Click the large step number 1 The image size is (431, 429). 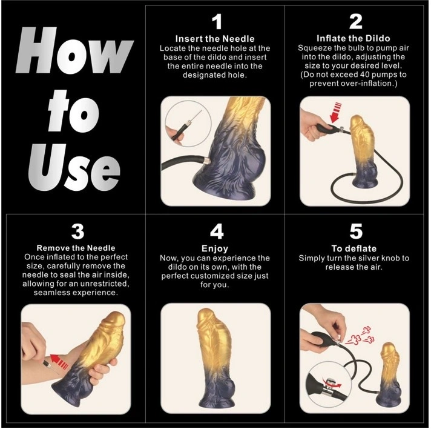click(217, 22)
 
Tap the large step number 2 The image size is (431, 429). click(356, 22)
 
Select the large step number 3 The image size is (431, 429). click(78, 231)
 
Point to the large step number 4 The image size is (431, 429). click(217, 231)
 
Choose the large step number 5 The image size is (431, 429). click(356, 231)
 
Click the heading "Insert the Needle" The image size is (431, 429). click(215, 39)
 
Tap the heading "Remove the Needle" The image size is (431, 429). click(76, 248)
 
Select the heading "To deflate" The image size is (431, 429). click(354, 248)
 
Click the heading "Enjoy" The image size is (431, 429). click(215, 249)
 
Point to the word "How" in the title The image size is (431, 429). click(74, 50)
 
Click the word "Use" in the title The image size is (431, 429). click(74, 168)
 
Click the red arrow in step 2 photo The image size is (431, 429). click(335, 112)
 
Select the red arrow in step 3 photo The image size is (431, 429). click(59, 361)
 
